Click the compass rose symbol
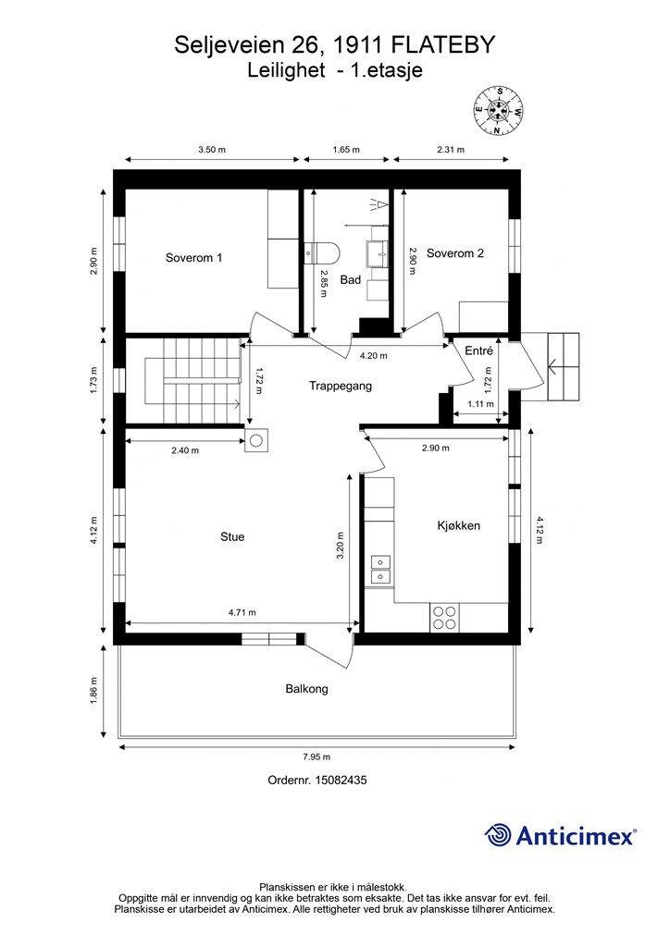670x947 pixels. tap(499, 111)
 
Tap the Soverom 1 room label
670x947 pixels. tap(194, 258)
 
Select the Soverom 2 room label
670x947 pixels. tap(455, 253)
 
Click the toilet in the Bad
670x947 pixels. tap(323, 252)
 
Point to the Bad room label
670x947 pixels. tap(351, 279)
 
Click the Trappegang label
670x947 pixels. tap(341, 386)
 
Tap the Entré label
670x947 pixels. tap(478, 351)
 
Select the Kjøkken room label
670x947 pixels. tap(459, 525)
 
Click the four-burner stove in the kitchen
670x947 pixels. tap(444, 618)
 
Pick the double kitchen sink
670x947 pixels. tap(380, 569)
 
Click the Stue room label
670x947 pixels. tap(232, 537)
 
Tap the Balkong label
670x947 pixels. tap(307, 688)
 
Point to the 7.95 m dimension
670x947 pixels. tap(317, 756)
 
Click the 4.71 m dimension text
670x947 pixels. tap(242, 612)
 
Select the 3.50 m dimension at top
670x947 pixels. tap(211, 150)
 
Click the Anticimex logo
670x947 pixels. tap(560, 835)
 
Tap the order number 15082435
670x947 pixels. tap(342, 780)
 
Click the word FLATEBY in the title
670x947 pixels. tap(443, 45)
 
